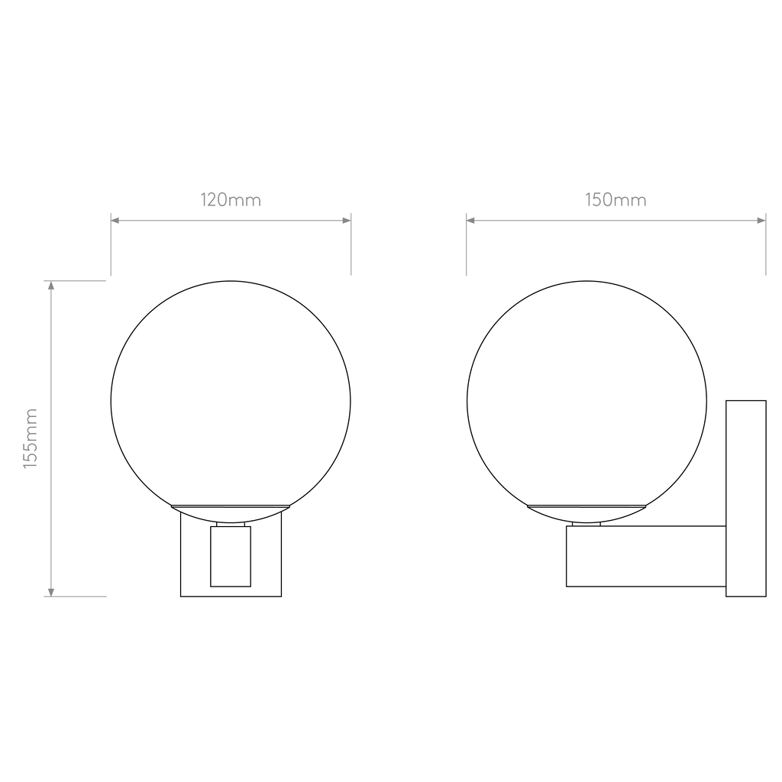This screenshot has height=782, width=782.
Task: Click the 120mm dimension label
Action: pos(231,200)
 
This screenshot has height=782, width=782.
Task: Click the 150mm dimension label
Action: pos(616,200)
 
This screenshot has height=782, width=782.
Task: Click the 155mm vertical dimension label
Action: pos(31,438)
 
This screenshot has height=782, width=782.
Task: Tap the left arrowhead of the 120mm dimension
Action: pos(115,221)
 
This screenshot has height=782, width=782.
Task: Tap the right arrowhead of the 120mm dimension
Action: pos(347,221)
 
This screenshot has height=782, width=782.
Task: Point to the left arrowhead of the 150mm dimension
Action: pos(470,221)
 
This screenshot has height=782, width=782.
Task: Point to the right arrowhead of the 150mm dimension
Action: pos(761,221)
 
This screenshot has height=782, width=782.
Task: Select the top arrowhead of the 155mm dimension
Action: pos(51,286)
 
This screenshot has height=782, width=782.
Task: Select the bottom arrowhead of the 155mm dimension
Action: pos(51,593)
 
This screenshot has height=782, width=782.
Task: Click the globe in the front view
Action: pos(111,402)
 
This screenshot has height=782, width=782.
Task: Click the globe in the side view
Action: pos(467,402)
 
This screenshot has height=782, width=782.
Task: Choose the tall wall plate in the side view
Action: pos(745,498)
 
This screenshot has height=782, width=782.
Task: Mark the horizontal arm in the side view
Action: pos(646,556)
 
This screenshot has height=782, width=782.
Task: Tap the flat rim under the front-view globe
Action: pos(231,507)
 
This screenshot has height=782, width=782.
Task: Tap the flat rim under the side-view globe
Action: pos(586,507)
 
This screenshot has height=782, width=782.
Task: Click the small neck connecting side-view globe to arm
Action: pos(586,524)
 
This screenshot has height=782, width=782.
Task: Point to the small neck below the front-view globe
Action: pos(231,524)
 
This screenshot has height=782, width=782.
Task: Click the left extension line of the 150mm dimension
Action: pos(467,244)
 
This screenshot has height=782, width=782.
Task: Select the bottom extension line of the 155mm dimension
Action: pos(76,596)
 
